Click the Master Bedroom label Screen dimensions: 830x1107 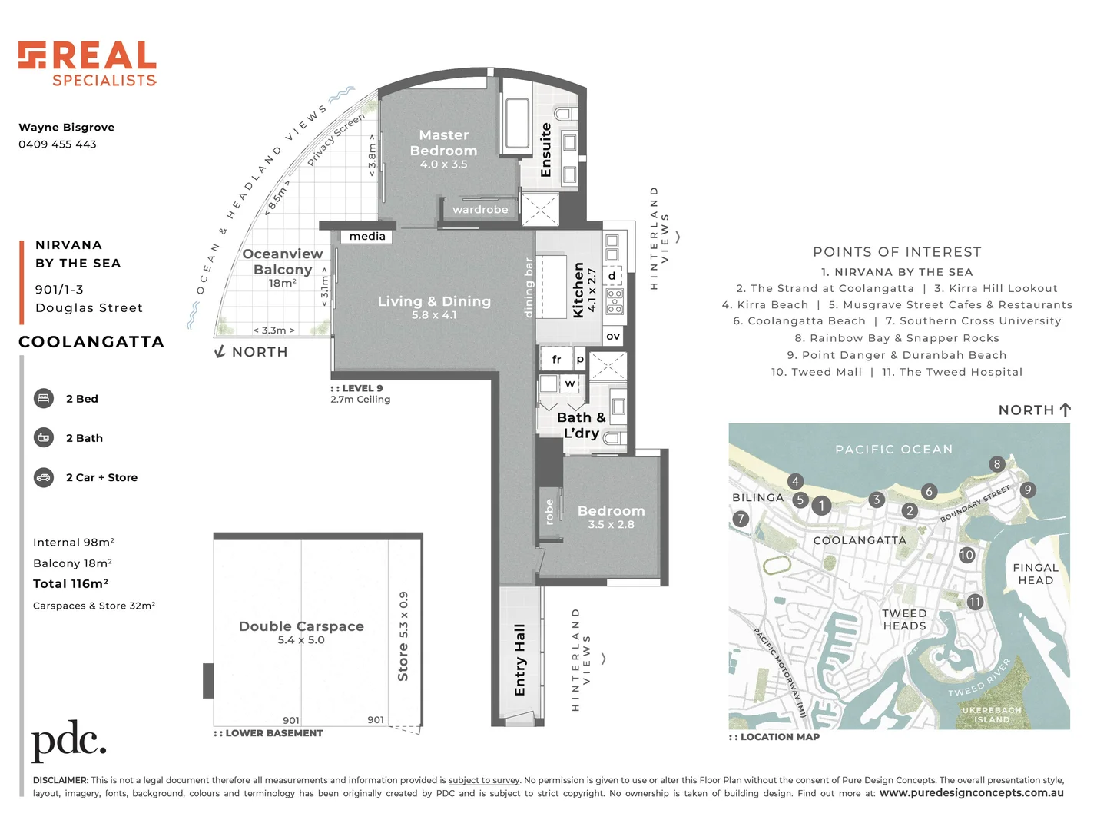click(443, 144)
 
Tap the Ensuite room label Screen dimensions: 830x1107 click(546, 150)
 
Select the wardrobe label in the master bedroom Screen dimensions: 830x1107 click(480, 210)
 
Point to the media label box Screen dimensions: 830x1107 click(367, 237)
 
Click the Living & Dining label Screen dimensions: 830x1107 click(434, 302)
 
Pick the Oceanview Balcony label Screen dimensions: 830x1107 click(282, 262)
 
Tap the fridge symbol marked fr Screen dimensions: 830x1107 click(556, 360)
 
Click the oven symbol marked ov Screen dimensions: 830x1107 click(613, 337)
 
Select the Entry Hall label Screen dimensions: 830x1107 click(520, 660)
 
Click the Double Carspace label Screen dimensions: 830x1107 click(301, 627)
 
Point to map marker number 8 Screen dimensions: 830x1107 click(997, 464)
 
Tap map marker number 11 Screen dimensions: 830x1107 click(975, 602)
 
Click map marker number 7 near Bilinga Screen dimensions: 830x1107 click(741, 519)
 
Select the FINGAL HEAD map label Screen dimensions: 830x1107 click(1036, 574)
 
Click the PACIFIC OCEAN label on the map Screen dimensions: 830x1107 click(893, 450)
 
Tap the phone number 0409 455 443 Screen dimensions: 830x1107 click(58, 144)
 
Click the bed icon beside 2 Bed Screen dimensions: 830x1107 click(44, 399)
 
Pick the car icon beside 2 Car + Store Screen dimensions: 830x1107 click(44, 477)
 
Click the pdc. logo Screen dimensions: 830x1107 click(68, 741)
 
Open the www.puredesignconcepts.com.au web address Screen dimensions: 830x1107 click(971, 793)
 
